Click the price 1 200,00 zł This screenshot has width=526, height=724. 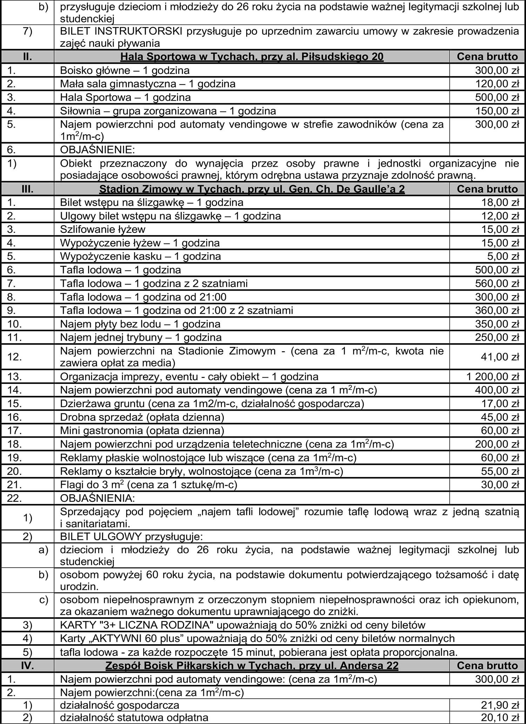click(492, 377)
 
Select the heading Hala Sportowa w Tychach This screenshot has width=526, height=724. click(252, 57)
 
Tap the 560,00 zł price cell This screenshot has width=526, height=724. click(497, 283)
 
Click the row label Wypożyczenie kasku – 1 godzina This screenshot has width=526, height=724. click(140, 257)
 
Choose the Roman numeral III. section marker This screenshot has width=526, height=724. click(27, 189)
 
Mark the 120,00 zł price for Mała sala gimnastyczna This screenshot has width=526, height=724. click(497, 84)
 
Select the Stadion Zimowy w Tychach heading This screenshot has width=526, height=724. click(252, 189)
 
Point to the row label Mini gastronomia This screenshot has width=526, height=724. click(142, 431)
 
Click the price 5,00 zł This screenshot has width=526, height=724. click(503, 257)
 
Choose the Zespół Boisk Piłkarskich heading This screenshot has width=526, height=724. click(252, 666)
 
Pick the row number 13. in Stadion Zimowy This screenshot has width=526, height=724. click(15, 377)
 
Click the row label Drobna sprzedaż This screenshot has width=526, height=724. click(142, 417)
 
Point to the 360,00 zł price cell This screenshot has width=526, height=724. click(497, 311)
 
